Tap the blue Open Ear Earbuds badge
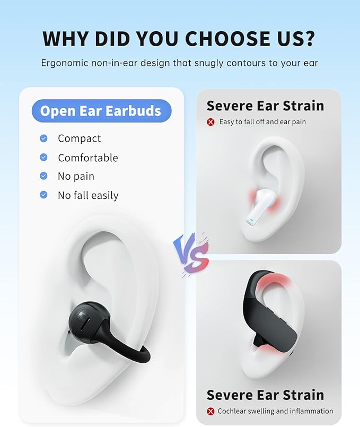tap(100, 111)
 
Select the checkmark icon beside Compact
tap(43, 138)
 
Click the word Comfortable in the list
tap(88, 158)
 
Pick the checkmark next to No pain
tap(43, 176)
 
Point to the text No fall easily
tap(88, 195)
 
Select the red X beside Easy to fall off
tap(210, 122)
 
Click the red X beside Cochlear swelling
tap(210, 411)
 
